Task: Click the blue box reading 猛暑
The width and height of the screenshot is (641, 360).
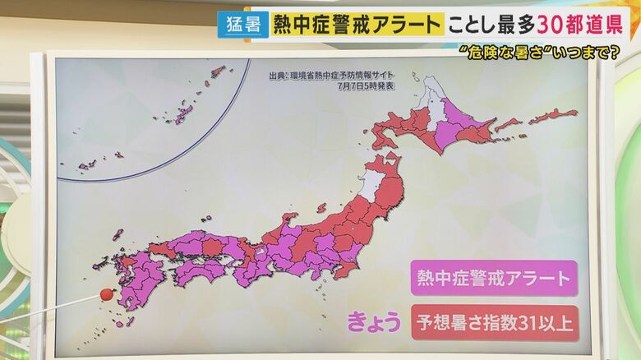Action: coord(243,24)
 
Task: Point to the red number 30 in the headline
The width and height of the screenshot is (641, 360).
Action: coord(550,24)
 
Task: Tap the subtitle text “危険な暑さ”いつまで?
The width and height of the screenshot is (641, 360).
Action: coord(540,53)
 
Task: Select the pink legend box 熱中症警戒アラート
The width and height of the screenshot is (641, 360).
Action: coord(493,278)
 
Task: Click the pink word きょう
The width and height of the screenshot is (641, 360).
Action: coord(373,321)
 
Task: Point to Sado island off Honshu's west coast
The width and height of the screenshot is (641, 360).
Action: coord(321,208)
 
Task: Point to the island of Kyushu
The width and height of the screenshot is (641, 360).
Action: coord(131,284)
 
